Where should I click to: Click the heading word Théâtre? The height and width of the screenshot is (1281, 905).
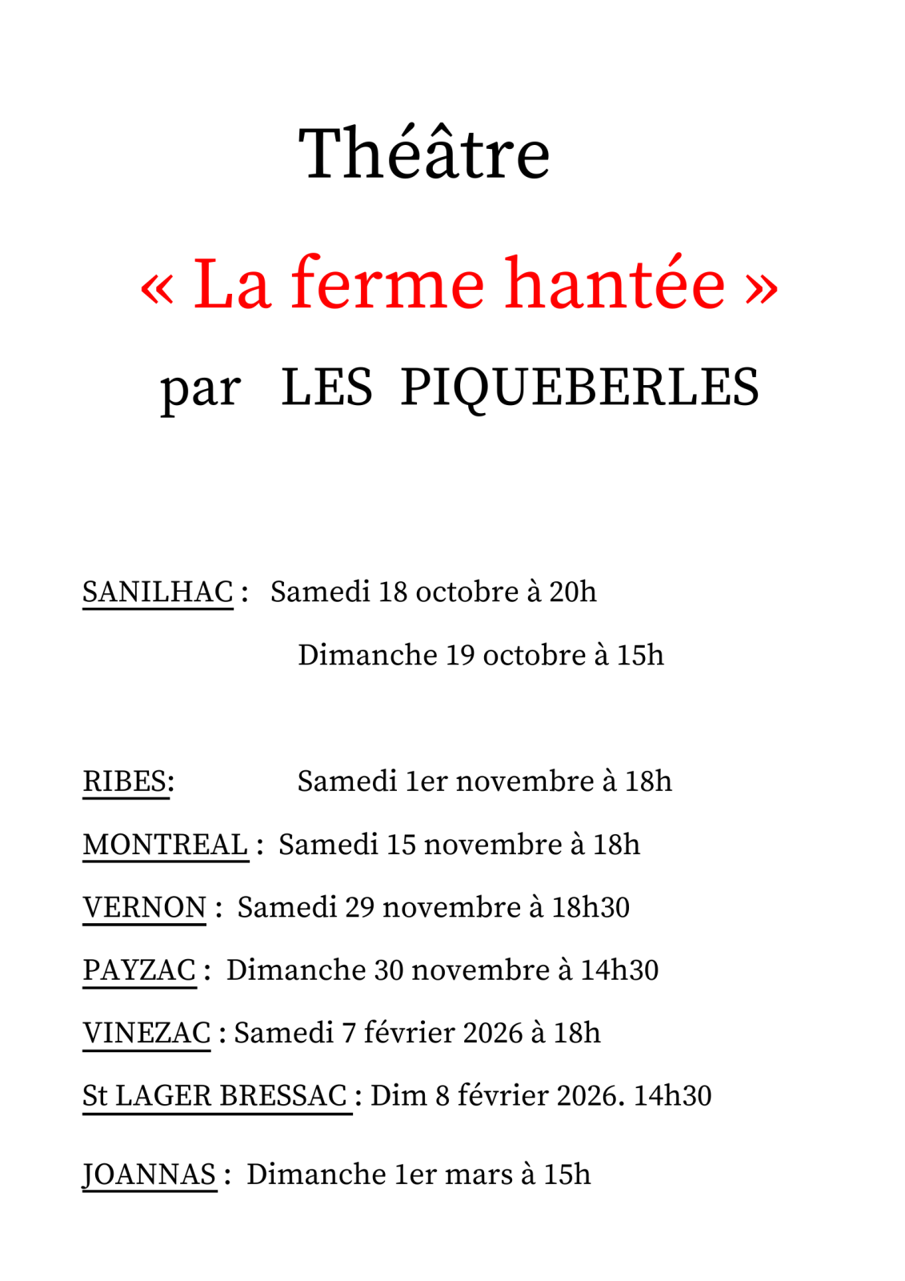(424, 154)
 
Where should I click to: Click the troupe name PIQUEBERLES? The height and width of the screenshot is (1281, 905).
(579, 388)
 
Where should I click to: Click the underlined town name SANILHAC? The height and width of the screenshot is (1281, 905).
(158, 592)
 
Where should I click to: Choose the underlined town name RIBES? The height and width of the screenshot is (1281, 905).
(125, 781)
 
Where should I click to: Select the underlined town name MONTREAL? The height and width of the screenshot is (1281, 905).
(166, 845)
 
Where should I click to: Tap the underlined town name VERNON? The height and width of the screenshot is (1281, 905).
(145, 908)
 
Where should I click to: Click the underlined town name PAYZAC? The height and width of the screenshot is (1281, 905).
(139, 970)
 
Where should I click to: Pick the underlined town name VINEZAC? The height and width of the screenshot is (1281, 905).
(146, 1034)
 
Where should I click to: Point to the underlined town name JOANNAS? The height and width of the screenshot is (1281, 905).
(149, 1175)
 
